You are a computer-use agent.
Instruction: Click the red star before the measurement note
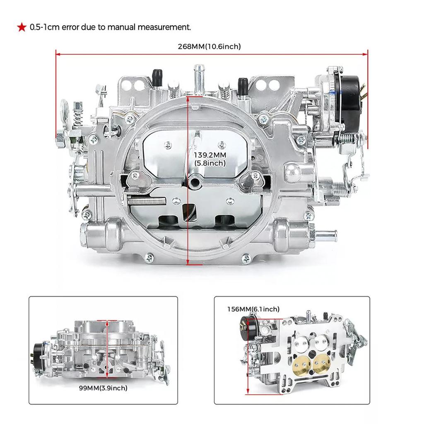click(x=21, y=28)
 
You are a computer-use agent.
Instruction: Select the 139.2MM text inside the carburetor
click(x=210, y=155)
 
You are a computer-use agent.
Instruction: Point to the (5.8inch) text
click(x=210, y=163)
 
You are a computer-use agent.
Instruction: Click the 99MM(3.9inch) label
click(x=103, y=388)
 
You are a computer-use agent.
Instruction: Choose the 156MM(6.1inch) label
click(x=253, y=309)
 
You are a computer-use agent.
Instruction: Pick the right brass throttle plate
click(x=321, y=363)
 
